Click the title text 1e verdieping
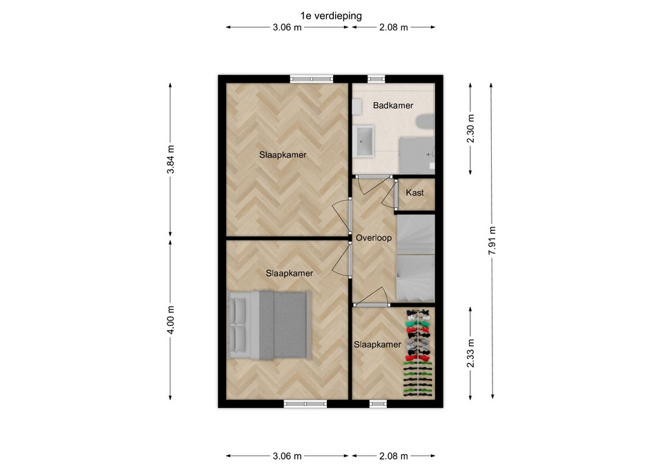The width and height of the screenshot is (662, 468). [331, 16]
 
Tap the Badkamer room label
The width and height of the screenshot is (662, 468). [392, 105]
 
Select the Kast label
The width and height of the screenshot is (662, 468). [414, 193]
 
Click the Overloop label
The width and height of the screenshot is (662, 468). [374, 238]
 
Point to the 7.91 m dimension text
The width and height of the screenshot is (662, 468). [492, 241]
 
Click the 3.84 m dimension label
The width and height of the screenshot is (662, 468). [170, 159]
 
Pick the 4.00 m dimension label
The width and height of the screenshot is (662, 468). [170, 320]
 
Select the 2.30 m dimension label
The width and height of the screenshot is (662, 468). [471, 129]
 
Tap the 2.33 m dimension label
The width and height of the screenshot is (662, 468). [471, 353]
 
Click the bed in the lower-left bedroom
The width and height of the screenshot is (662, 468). [270, 325]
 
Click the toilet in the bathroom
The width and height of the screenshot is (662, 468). [425, 123]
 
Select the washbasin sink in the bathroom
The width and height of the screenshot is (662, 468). [364, 141]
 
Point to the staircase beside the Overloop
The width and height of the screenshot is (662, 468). [415, 258]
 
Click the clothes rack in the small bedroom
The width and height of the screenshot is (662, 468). [419, 353]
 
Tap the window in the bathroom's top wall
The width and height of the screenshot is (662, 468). [377, 79]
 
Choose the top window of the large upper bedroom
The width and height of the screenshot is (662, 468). [312, 79]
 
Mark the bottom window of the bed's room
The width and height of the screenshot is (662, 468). [305, 404]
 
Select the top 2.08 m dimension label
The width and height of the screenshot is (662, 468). [394, 28]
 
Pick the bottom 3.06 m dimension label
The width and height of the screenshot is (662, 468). [287, 456]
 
